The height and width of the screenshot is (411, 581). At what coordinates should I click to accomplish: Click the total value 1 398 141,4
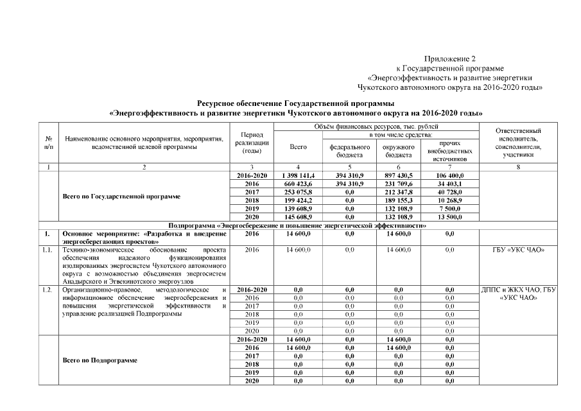[x=298, y=175]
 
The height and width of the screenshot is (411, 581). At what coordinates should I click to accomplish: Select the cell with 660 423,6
[x=298, y=184]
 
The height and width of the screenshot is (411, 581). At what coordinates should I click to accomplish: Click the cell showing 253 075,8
[x=298, y=192]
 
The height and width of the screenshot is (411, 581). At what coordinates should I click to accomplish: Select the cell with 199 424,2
[x=298, y=200]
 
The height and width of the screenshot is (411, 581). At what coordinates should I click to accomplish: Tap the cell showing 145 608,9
[x=298, y=217]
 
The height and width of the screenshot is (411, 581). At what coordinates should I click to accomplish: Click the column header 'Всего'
[x=298, y=147]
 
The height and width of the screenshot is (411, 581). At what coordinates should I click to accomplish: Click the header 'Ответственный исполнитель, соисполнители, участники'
[x=519, y=143]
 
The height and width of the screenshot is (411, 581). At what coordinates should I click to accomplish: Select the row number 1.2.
[x=47, y=290]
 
